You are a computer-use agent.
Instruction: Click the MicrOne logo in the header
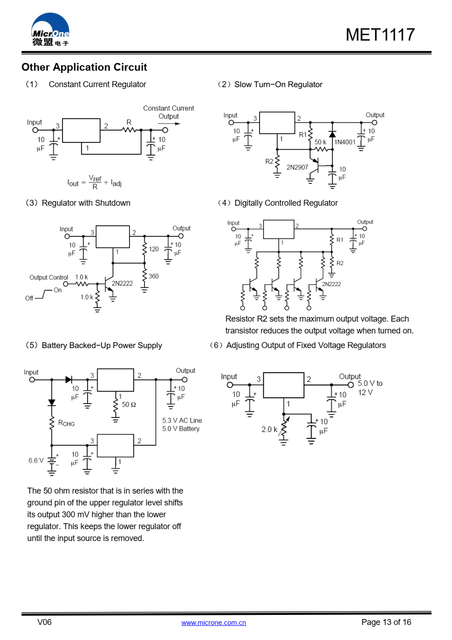(50, 30)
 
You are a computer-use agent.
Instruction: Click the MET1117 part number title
(380, 35)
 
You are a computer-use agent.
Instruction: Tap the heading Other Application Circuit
(84, 67)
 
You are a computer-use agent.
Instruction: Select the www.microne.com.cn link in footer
(213, 623)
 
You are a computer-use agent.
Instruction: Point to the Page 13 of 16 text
(386, 622)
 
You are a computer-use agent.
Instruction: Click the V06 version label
(44, 622)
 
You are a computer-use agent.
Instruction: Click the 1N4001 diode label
(345, 142)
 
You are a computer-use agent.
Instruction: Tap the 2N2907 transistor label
(297, 167)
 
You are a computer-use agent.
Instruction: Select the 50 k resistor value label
(320, 142)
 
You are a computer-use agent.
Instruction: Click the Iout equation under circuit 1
(94, 182)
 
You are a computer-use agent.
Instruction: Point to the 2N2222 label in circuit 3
(122, 283)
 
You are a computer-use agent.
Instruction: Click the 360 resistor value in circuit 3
(154, 276)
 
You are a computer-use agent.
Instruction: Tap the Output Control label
(49, 277)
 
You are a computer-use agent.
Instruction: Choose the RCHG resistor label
(67, 423)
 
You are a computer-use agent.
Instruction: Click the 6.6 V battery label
(36, 461)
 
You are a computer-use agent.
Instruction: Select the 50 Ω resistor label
(129, 405)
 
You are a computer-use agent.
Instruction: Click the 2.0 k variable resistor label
(269, 429)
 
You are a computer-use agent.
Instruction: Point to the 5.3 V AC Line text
(182, 421)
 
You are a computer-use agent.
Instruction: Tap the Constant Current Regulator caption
(97, 84)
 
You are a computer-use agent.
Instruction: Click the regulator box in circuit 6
(284, 385)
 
